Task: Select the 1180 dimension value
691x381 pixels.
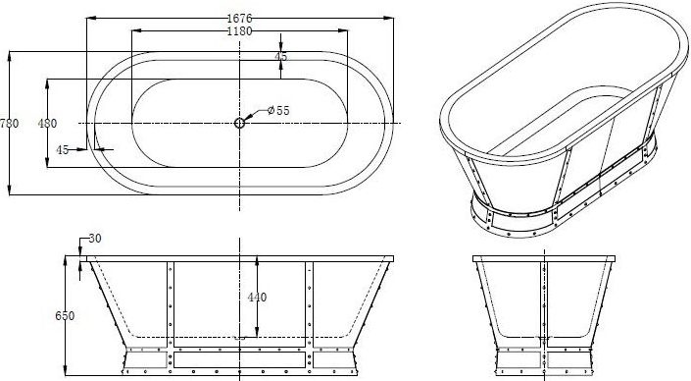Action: [x=241, y=30]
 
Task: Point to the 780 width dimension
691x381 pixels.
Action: [x=10, y=123]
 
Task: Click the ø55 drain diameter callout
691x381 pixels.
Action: [x=279, y=111]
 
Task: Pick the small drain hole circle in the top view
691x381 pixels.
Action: [x=239, y=122]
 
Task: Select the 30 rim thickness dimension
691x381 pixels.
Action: [x=95, y=239]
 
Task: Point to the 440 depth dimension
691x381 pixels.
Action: [x=256, y=297]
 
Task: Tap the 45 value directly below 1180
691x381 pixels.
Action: [x=281, y=57]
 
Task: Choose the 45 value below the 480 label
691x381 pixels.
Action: [x=62, y=150]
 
